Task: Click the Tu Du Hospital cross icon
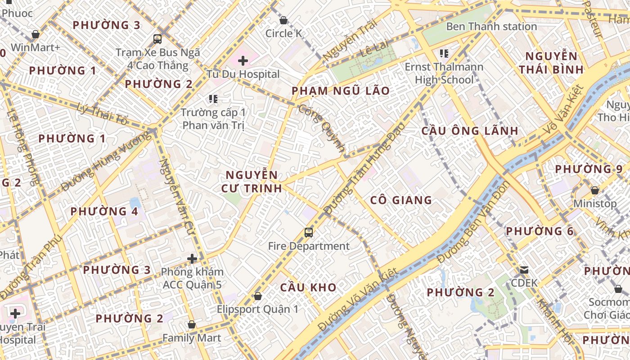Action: [243, 60]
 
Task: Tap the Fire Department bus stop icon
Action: [308, 233]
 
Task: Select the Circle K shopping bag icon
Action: [283, 20]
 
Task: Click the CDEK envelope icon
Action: [524, 270]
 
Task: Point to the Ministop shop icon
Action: [594, 190]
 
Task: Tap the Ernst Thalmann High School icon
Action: [444, 54]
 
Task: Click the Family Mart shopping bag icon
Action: [192, 324]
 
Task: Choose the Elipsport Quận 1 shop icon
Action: [258, 296]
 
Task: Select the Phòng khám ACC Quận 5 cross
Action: [192, 259]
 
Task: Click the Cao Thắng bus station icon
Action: [157, 39]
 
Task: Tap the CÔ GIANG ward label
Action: [401, 200]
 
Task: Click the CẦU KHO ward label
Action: [308, 288]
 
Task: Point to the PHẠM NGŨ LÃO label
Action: [341, 91]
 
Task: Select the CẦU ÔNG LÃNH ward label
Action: [470, 131]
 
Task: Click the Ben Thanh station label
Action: [491, 27]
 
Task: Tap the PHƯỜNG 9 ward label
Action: [589, 169]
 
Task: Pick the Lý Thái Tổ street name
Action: [103, 114]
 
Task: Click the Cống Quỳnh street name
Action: [322, 129]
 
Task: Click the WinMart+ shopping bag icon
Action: [36, 34]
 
